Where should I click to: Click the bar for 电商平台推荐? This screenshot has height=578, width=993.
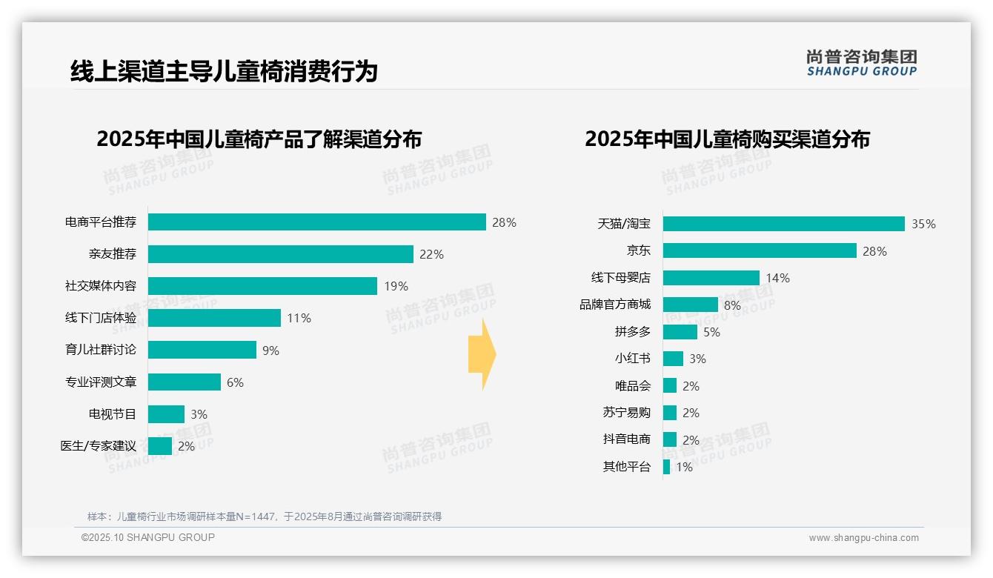point(316,222)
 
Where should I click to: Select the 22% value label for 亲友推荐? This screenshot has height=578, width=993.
point(431,254)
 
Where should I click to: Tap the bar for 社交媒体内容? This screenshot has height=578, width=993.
point(262,286)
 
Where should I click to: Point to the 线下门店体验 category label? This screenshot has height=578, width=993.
point(101,318)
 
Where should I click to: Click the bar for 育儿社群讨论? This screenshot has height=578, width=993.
point(202,350)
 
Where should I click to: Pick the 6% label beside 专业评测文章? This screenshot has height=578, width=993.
point(235,382)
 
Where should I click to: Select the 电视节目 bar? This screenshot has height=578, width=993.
point(166,414)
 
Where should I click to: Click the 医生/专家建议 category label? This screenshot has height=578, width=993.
point(99,446)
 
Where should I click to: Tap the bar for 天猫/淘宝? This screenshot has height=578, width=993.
point(783,224)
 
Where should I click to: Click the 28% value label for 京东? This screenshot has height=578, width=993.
point(874,251)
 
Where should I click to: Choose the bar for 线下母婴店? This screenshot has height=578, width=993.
point(711,278)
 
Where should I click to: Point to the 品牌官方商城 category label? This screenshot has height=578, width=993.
point(615,305)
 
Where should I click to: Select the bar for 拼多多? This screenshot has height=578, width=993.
point(680,332)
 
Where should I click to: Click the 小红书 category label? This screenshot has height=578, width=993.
point(632,359)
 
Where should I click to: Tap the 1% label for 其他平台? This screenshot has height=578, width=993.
point(684,467)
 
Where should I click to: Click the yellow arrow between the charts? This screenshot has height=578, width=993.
point(482,355)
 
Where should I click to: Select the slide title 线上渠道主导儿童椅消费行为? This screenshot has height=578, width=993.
point(224,71)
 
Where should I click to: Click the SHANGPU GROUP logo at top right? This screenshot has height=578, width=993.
point(861,63)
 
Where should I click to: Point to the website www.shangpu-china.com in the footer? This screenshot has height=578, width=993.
point(863,538)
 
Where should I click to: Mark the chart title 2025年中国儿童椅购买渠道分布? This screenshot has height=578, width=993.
point(727,139)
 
